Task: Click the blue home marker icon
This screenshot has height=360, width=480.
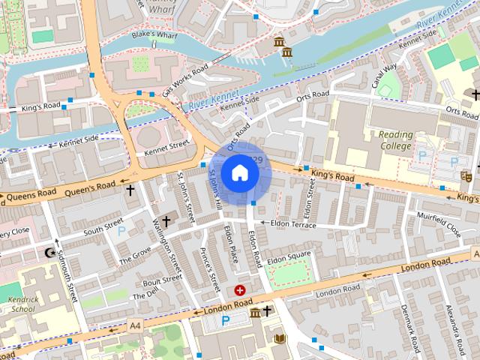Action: [239, 172]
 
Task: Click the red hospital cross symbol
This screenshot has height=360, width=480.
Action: [240, 289]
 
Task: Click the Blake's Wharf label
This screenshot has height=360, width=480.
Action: [153, 34]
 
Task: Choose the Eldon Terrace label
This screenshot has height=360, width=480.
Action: [289, 224]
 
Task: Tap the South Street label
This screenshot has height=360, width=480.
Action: [103, 224]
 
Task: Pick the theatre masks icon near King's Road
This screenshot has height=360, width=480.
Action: [466, 176]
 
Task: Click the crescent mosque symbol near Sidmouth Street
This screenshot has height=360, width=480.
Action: [51, 253]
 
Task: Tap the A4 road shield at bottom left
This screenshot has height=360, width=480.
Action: [134, 325]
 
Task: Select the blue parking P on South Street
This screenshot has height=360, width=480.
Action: [121, 231]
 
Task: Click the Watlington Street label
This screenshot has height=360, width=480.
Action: [169, 248]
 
